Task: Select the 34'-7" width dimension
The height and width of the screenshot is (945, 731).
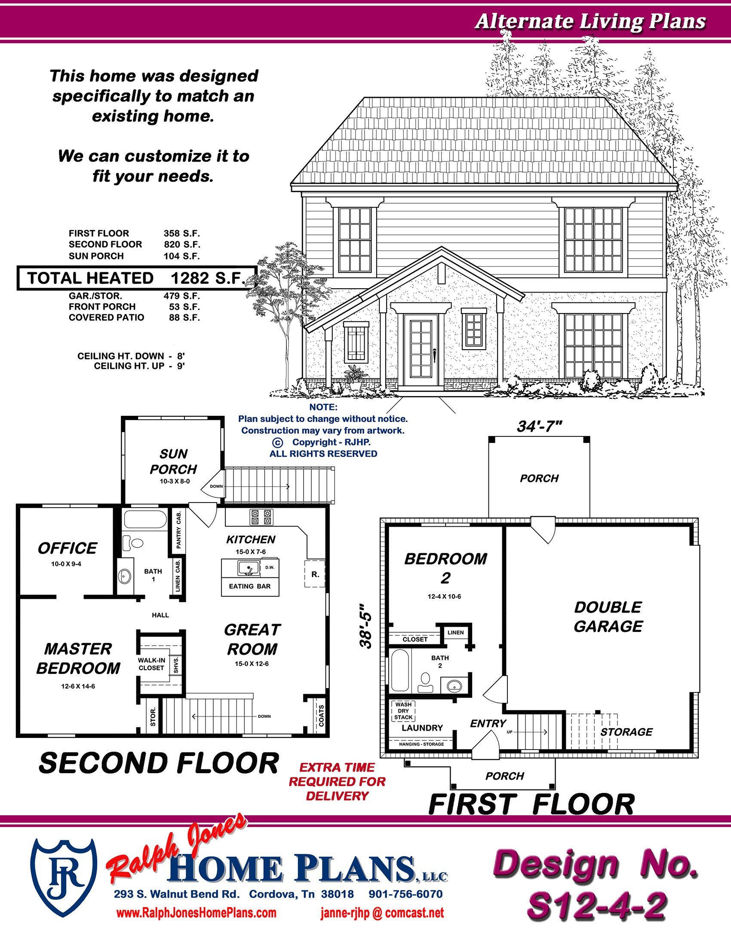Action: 539,427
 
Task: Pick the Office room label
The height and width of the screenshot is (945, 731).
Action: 67,548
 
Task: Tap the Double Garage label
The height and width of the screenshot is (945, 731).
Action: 608,616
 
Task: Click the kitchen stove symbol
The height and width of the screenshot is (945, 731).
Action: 261,517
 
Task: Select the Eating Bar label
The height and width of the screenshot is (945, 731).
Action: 250,586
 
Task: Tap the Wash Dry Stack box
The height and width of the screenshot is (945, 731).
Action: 403,710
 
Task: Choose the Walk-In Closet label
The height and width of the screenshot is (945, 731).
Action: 151,664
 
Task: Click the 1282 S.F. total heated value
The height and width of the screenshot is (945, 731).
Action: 206,278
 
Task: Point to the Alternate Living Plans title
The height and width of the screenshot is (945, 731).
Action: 591,21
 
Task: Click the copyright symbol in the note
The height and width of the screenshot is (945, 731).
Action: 277,442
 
